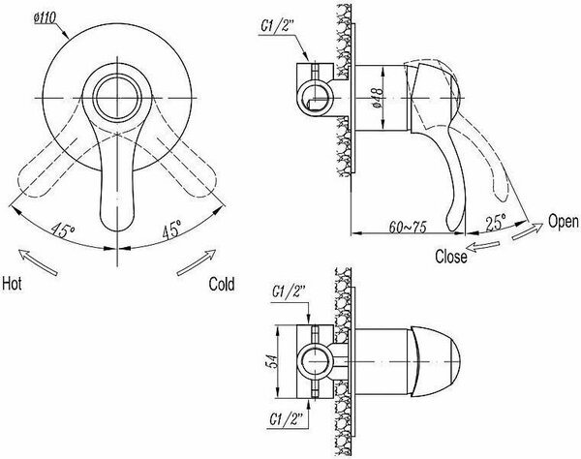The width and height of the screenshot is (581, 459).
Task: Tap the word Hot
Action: (12, 284)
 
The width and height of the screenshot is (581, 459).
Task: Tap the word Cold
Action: (222, 284)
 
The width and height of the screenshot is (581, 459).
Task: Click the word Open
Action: (564, 221)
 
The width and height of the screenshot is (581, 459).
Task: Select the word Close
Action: (451, 257)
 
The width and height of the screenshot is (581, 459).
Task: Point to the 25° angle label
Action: (496, 223)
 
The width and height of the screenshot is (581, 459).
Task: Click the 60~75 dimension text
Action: (408, 227)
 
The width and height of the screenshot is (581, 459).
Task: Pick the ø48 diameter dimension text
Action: (378, 98)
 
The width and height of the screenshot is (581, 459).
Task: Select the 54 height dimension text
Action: (271, 361)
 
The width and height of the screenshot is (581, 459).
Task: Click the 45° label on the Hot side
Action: (63, 229)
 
